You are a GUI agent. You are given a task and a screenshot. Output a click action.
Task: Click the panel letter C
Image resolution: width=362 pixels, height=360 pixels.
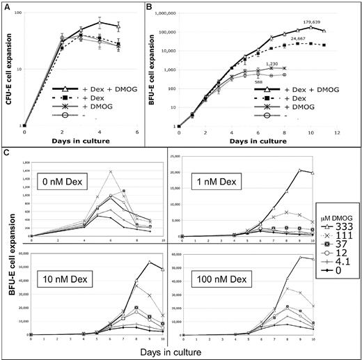[x=6, y=151]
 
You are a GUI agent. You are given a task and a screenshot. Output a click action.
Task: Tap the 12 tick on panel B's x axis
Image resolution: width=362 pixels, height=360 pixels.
[x=337, y=132]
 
